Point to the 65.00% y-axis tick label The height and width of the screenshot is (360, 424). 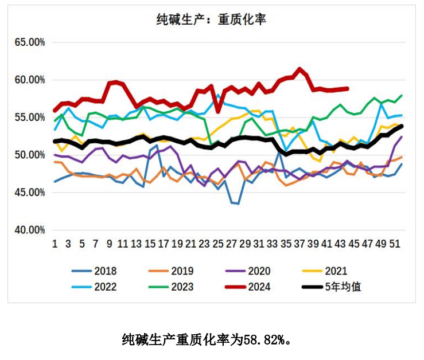29,42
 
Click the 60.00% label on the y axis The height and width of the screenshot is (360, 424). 29,80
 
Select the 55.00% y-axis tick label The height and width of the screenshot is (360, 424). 29,118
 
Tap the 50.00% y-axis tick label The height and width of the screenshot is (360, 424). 29,155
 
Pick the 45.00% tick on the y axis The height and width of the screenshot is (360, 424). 29,193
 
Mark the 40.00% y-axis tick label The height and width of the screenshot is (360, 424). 29,230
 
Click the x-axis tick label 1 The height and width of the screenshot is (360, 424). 55,244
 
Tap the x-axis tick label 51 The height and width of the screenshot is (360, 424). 394,244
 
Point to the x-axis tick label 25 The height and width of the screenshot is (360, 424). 217,244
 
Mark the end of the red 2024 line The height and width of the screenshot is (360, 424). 347,88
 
